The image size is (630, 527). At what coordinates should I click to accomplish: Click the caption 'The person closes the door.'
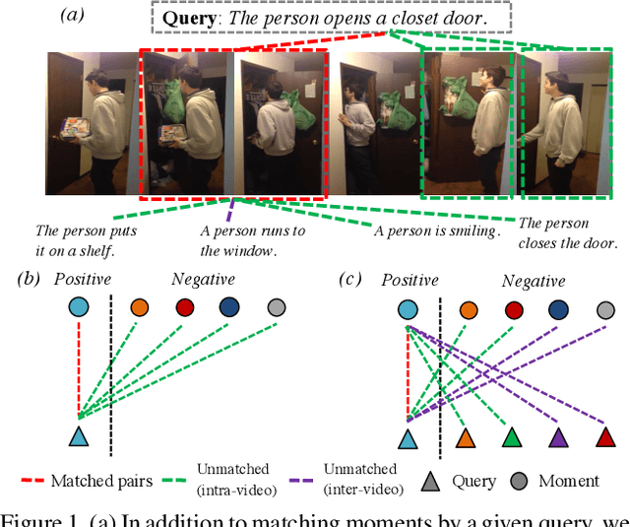[568, 233]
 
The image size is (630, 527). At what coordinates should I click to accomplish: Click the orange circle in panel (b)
[139, 307]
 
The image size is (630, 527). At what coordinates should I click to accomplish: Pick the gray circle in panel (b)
[276, 307]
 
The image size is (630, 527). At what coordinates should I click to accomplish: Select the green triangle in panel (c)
[510, 436]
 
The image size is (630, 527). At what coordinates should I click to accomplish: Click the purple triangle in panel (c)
[558, 436]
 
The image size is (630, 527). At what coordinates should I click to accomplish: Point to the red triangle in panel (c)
[604, 436]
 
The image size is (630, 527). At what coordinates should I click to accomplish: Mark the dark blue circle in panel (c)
[559, 310]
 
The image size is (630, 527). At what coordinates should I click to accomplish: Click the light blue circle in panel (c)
[408, 310]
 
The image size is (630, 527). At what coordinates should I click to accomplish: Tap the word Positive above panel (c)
[410, 281]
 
